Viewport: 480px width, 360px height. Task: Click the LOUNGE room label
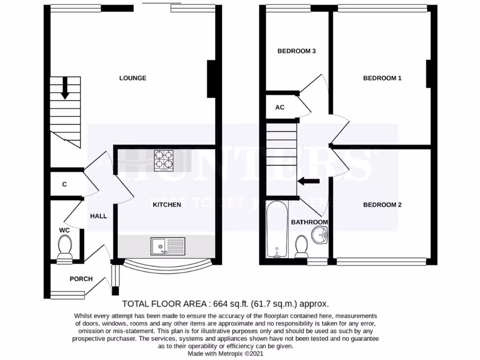[x=133, y=78]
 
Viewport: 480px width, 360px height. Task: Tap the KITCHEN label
[x=167, y=205]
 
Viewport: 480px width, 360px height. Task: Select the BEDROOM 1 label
[x=382, y=78]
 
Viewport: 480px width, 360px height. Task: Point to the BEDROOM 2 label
[x=382, y=205]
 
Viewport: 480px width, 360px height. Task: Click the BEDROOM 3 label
[x=296, y=51]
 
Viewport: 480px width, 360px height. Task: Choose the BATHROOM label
[x=309, y=222]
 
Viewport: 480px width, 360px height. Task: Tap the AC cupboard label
[x=280, y=107]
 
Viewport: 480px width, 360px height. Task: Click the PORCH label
[x=81, y=279]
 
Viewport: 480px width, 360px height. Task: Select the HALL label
[x=99, y=216]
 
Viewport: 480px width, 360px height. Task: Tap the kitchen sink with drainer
[x=168, y=246]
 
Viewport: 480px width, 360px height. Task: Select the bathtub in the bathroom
[x=277, y=230]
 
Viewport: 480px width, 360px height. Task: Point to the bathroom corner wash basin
[x=321, y=235]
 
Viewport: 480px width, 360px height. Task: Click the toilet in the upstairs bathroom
[x=301, y=247]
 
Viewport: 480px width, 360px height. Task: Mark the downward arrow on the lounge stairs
[x=65, y=88]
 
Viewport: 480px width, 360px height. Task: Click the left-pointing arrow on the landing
[x=309, y=181]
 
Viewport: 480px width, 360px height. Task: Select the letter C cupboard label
[x=64, y=185]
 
